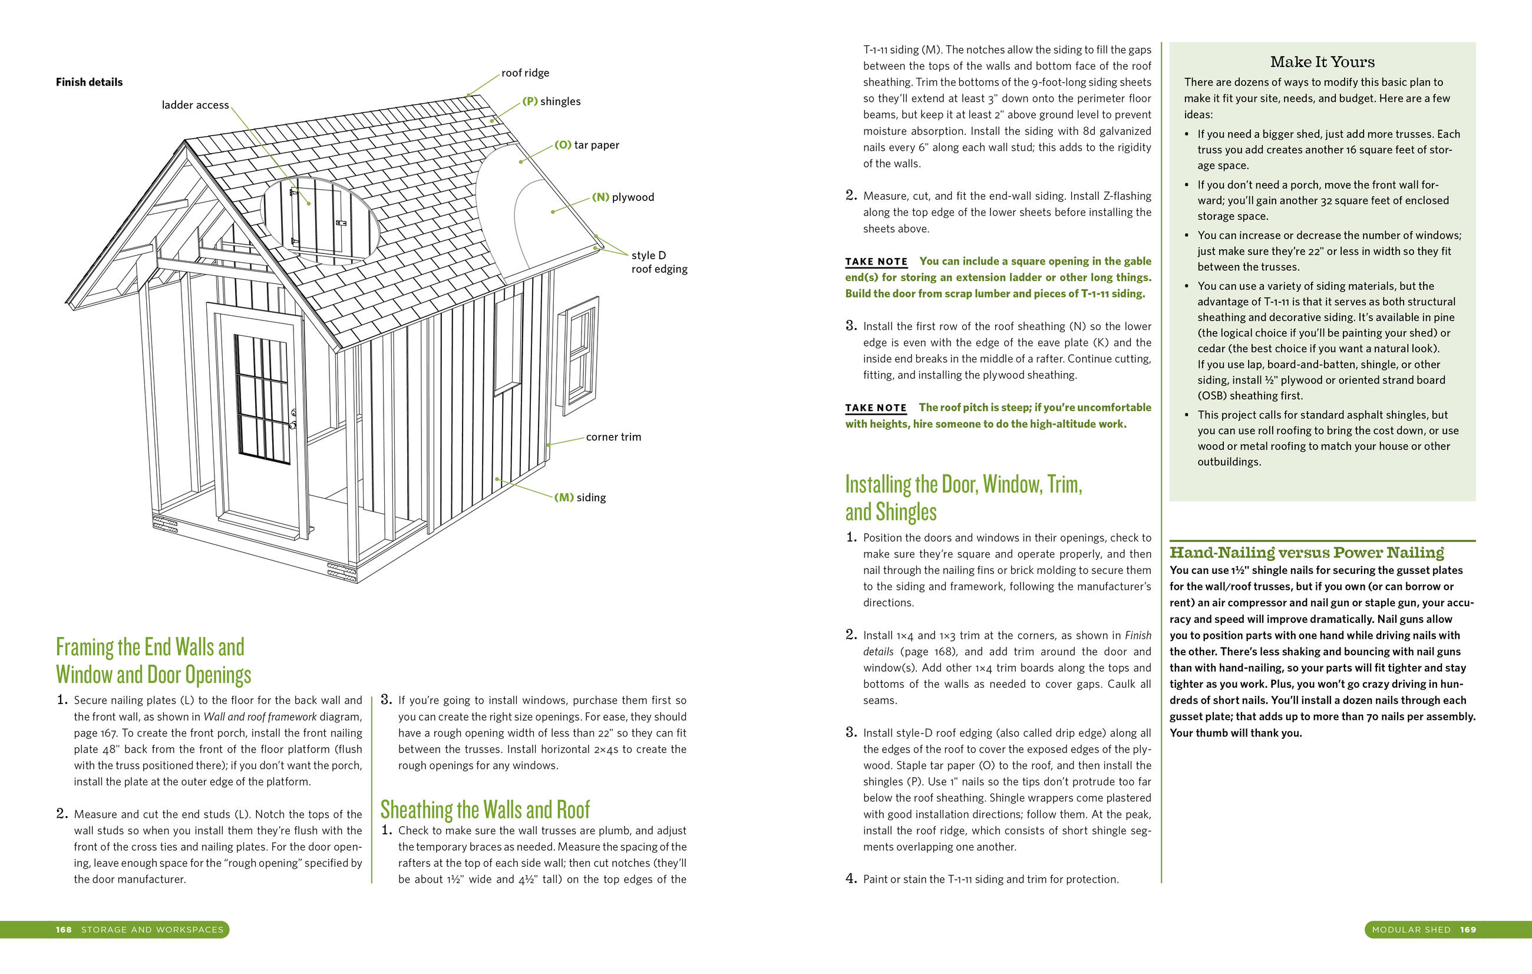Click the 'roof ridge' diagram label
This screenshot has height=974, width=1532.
(525, 73)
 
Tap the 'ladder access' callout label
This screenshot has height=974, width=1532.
(194, 105)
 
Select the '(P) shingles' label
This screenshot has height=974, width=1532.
(551, 102)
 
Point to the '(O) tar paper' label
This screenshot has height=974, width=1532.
(587, 145)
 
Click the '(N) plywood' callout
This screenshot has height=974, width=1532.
(623, 197)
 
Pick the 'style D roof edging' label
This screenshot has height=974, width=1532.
(659, 262)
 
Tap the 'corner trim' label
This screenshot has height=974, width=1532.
(613, 437)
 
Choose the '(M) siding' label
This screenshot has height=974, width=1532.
(580, 497)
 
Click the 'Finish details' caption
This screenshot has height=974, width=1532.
(89, 82)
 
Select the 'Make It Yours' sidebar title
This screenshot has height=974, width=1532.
(1322, 62)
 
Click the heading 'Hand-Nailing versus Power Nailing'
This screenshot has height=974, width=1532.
(1307, 553)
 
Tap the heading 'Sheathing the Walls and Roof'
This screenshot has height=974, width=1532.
(485, 810)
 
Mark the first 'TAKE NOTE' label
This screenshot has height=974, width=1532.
(876, 262)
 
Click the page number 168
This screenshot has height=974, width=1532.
(64, 929)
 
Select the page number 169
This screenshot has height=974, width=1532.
(1468, 929)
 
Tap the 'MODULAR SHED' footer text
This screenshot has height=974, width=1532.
(1411, 929)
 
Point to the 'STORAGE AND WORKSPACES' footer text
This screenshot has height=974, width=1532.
(152, 929)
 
